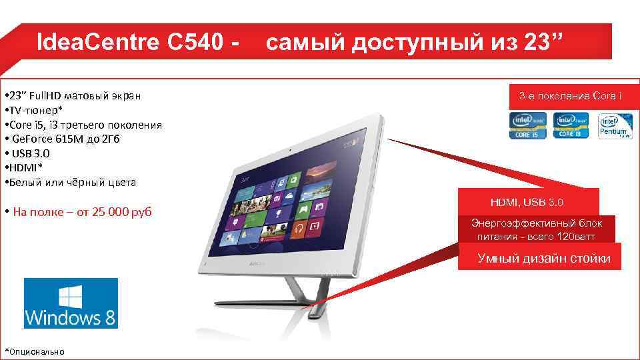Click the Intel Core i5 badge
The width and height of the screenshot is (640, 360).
529,125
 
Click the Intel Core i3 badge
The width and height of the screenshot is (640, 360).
572,125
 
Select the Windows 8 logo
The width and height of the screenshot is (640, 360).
71,303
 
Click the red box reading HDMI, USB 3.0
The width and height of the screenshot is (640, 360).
528,202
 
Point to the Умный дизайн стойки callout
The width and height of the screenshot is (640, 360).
543,259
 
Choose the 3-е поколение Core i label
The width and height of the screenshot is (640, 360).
571,97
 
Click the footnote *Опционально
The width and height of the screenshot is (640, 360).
35,351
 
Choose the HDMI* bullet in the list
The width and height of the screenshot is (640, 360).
24,167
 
